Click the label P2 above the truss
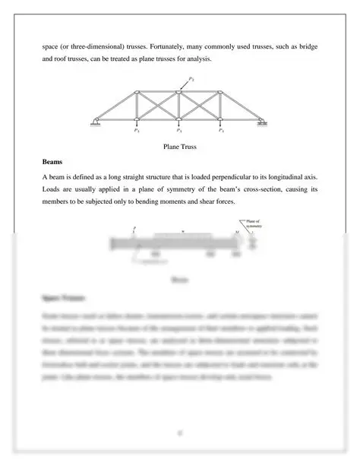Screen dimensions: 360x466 pyautogui.click(x=191, y=79)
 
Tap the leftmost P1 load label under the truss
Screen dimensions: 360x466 pyautogui.click(x=136, y=130)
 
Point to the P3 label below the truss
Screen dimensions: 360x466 pyautogui.click(x=179, y=130)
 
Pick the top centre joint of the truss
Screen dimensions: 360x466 pyautogui.click(x=178, y=93)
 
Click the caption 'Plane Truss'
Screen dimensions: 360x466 pyautogui.click(x=179, y=146)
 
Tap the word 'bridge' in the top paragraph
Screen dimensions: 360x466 pyautogui.click(x=306, y=47)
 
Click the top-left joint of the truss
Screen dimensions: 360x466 pyautogui.click(x=136, y=94)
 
